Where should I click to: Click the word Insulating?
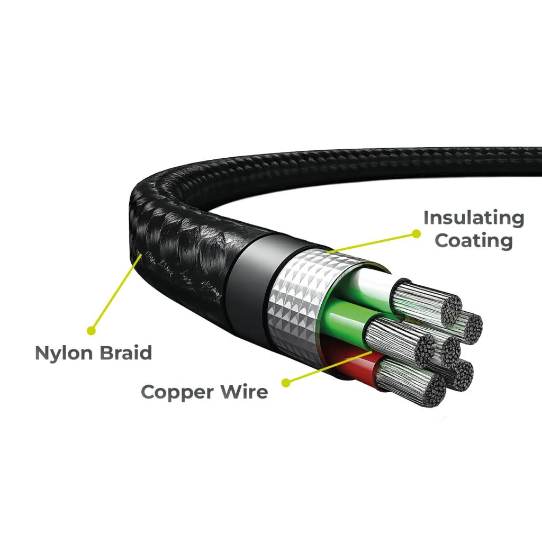click(x=474, y=219)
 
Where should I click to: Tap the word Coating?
click(x=474, y=241)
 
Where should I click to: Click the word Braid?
click(x=126, y=353)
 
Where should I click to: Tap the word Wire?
click(x=245, y=391)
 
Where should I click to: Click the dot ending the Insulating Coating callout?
click(x=417, y=234)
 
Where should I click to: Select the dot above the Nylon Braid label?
click(x=91, y=330)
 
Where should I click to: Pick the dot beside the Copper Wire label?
click(x=286, y=383)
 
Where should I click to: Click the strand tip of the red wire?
click(x=435, y=391)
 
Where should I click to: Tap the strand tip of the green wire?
click(x=425, y=351)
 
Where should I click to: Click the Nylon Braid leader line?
click(x=116, y=292)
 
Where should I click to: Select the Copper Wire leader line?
click(x=329, y=367)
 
